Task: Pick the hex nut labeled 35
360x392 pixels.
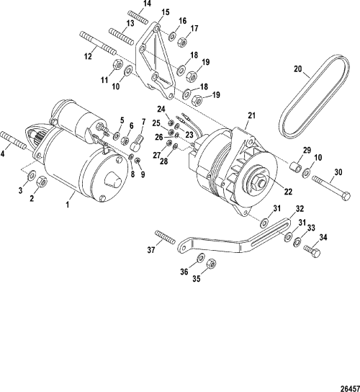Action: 204,264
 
